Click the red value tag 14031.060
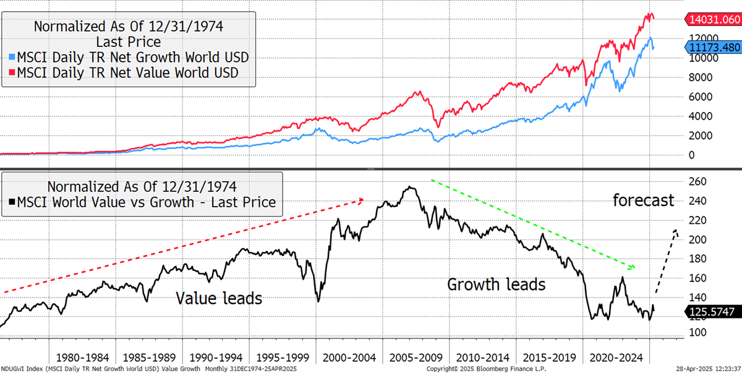[x=713, y=20]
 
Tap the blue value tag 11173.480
[x=713, y=48]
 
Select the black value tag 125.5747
[x=713, y=312]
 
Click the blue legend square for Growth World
[x=12, y=57]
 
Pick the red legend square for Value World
[x=12, y=72]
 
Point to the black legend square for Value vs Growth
[x=12, y=202]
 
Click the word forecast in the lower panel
[x=643, y=200]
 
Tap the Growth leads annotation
[x=496, y=285]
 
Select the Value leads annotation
[x=219, y=298]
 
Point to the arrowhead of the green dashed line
[x=633, y=267]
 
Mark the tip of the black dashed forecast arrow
[x=675, y=230]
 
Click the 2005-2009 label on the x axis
[x=416, y=358]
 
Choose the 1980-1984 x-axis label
[x=82, y=358]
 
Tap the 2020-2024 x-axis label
[x=616, y=358]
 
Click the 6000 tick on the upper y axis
[x=700, y=96]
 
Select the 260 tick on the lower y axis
[x=697, y=181]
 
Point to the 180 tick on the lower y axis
[x=697, y=259]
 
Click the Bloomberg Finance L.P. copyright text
[x=486, y=369]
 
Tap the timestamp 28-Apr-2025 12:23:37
[x=708, y=369]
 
